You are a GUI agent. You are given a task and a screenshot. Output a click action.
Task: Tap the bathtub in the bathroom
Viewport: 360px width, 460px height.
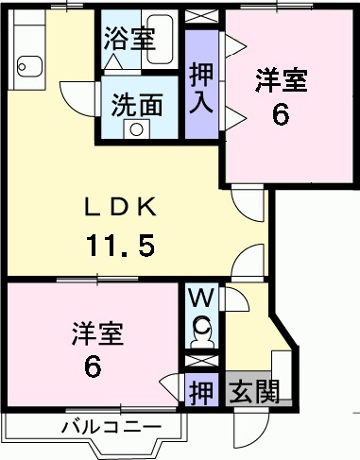163,41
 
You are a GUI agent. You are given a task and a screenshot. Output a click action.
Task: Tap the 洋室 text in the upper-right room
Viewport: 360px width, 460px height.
281,80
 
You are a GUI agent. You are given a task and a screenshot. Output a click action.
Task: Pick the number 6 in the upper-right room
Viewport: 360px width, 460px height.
281,115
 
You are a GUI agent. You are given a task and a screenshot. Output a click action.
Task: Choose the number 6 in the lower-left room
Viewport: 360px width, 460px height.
93,366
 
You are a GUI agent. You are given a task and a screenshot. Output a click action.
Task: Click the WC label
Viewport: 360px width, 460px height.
201,299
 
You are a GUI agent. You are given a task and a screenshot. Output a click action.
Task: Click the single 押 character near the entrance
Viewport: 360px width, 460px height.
199,390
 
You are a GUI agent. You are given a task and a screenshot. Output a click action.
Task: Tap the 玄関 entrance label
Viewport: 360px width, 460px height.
253,390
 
